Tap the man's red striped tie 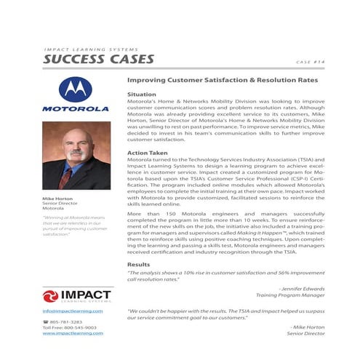pos(68,175)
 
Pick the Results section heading pos(138,264)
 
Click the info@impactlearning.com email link pos(72,311)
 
